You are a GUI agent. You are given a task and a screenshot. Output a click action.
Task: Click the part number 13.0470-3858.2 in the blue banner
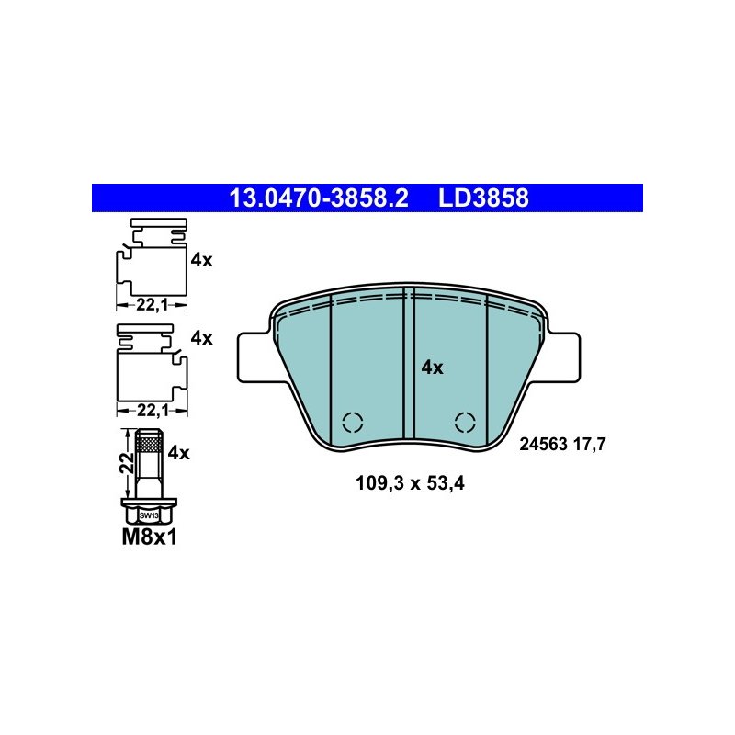pyautogui.click(x=319, y=198)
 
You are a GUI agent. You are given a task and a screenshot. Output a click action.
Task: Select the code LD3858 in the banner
pyautogui.click(x=483, y=198)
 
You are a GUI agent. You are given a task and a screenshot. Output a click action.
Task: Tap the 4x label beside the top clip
pyautogui.click(x=201, y=260)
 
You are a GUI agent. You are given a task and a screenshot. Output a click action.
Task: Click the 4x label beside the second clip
pyautogui.click(x=201, y=338)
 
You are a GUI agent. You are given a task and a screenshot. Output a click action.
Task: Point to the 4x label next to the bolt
pyautogui.click(x=178, y=453)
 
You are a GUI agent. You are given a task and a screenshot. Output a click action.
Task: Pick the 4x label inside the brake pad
pyautogui.click(x=432, y=368)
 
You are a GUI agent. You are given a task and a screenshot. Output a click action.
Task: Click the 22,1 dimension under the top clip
pyautogui.click(x=152, y=305)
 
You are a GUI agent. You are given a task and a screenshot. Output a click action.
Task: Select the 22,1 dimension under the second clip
pyautogui.click(x=153, y=411)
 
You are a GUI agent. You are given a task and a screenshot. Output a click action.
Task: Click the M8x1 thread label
pyautogui.click(x=150, y=537)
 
